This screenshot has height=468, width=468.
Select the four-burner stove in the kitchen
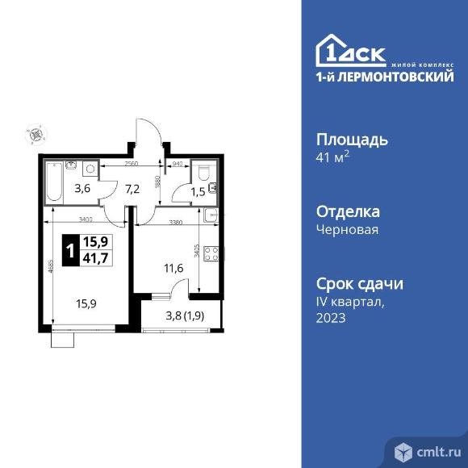pos(212,253)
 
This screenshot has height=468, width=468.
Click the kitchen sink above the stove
pos(211,215)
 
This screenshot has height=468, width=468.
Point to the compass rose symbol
pos(34,133)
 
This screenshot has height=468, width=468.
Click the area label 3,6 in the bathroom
pos(82,190)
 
